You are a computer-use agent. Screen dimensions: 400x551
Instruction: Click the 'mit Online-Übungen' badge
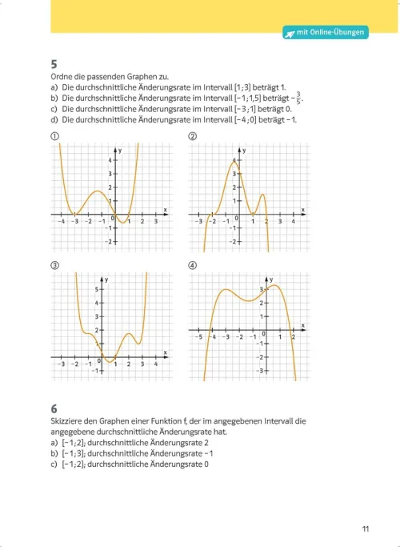tap(326, 33)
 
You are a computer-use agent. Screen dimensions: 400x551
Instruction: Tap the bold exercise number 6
tap(53, 408)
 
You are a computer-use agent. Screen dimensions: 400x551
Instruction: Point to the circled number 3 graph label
tap(53, 267)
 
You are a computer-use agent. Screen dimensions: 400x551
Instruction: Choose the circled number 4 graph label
tap(192, 267)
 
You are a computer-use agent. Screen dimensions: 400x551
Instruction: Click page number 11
tap(366, 528)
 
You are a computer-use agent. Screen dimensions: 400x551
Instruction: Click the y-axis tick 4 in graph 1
tap(111, 159)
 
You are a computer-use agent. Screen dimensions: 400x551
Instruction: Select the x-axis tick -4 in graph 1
tap(61, 221)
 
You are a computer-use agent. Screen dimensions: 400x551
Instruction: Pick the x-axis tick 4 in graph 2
tap(294, 221)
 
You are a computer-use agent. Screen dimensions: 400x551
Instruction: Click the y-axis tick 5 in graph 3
tap(97, 289)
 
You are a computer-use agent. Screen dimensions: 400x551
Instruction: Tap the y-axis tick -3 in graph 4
tap(260, 371)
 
